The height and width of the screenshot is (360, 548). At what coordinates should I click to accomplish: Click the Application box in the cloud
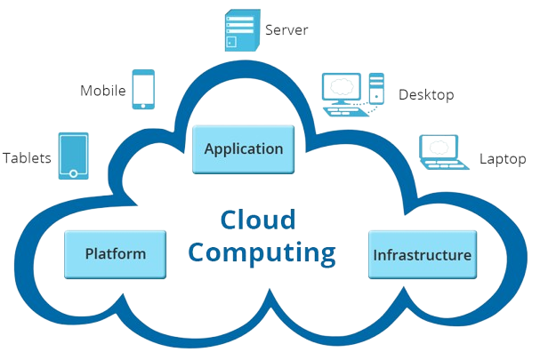[x=243, y=149]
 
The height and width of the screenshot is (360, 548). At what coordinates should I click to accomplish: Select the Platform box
[x=115, y=253]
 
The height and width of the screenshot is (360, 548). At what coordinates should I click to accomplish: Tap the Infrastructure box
[x=422, y=255]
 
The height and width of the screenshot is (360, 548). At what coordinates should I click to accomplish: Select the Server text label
[x=286, y=30]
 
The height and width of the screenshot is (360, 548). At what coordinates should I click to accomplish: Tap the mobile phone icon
[x=143, y=90]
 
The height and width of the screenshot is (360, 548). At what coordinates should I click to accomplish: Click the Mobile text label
[x=103, y=91]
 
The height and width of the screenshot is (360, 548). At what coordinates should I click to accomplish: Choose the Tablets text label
[x=27, y=158]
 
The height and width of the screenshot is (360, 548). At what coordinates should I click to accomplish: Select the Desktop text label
[x=425, y=94]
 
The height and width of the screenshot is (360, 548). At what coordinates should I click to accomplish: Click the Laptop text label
[x=503, y=158]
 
